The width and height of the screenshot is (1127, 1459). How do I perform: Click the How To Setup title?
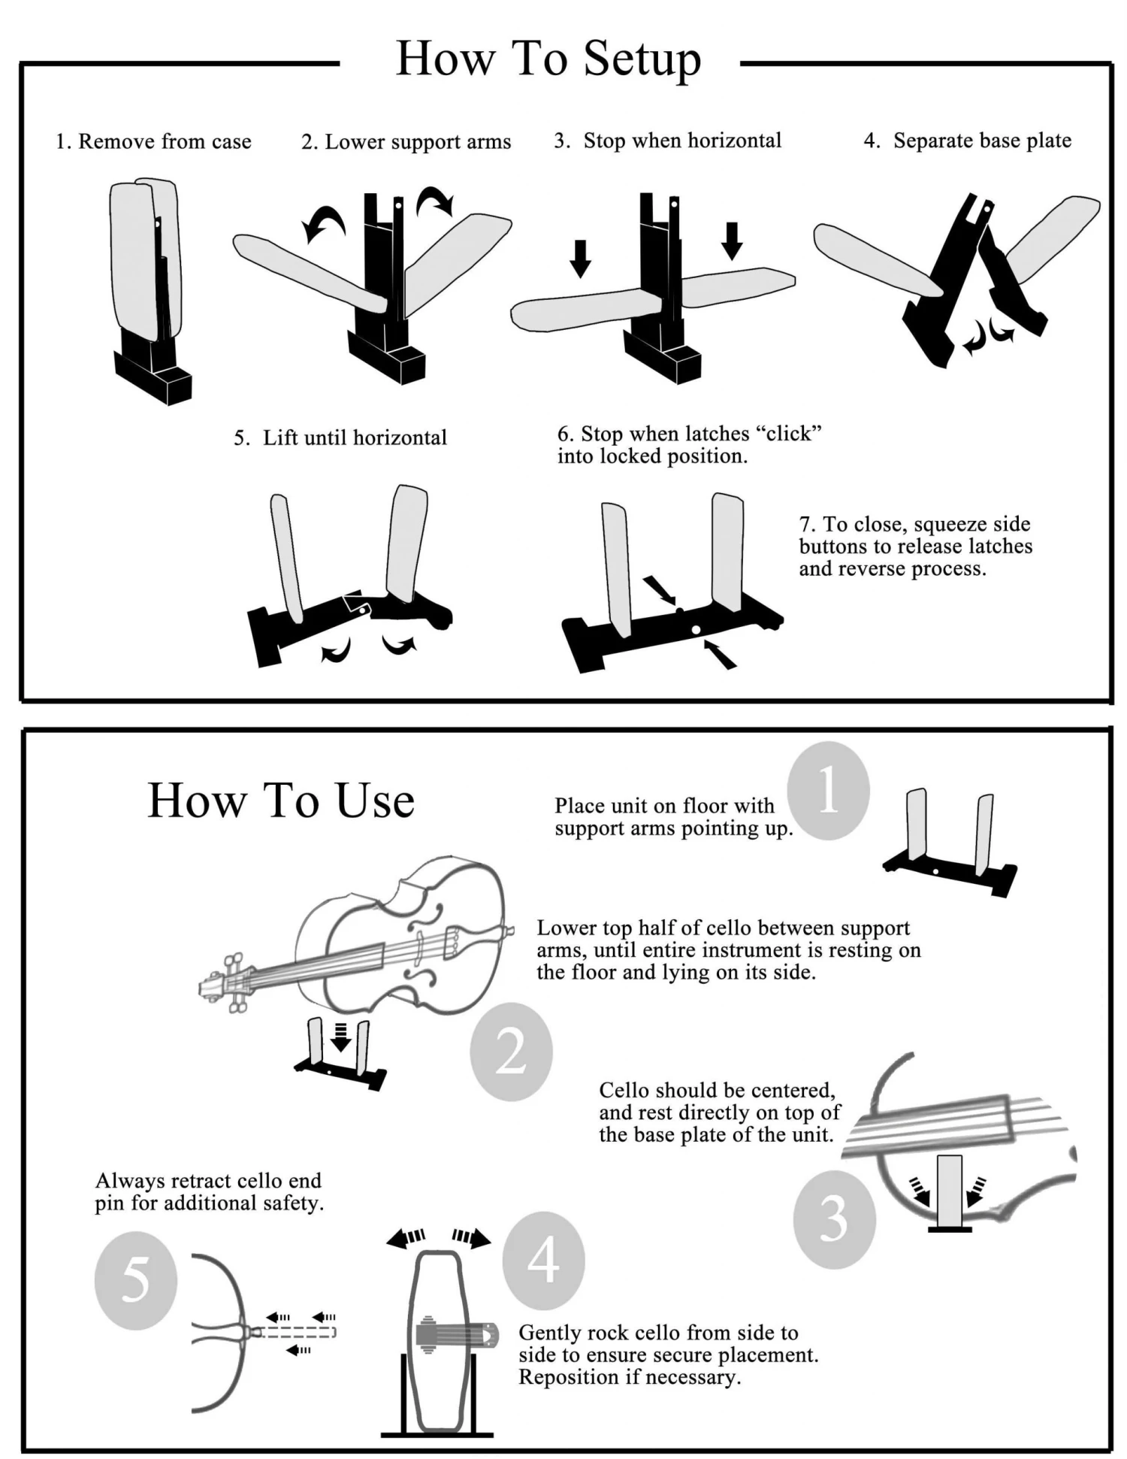pos(548,59)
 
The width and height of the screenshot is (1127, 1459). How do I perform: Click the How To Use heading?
pos(281,800)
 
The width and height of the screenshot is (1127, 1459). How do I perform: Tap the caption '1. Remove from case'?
pos(153,141)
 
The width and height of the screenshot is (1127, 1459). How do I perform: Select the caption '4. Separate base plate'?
pos(967,141)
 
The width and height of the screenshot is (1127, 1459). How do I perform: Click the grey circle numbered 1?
pos(828,791)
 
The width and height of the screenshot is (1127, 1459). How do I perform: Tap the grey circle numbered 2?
pos(511,1051)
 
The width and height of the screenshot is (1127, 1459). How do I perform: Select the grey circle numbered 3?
pos(834,1219)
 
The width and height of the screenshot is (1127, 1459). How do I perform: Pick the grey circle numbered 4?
pos(543,1261)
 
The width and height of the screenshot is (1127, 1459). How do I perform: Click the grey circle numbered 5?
pos(135,1280)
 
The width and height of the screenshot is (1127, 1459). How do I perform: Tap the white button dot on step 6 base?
pos(696,629)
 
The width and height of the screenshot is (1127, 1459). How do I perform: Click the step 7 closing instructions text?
pos(914,546)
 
